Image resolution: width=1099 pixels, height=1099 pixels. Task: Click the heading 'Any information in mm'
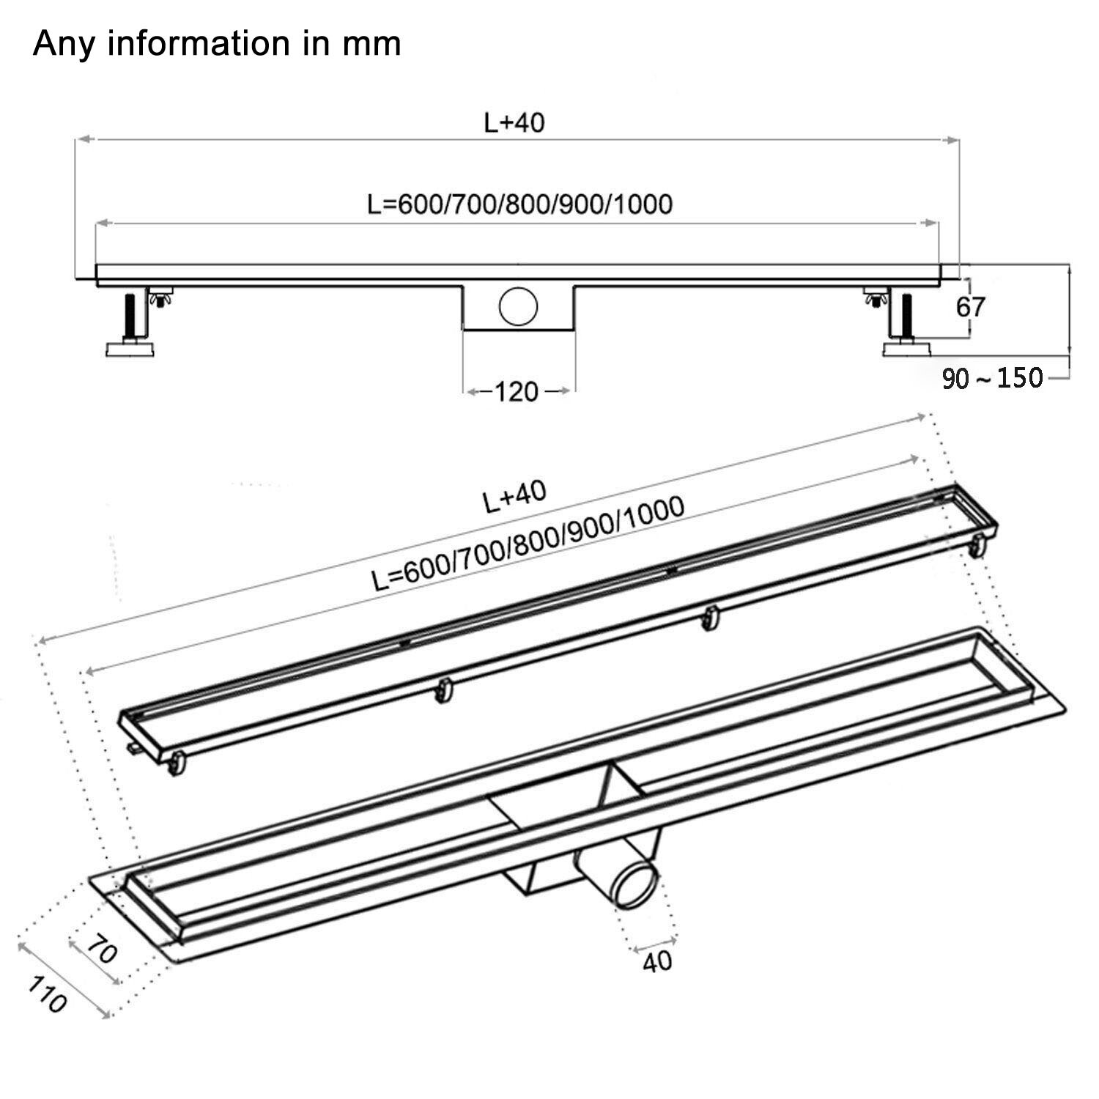[217, 44]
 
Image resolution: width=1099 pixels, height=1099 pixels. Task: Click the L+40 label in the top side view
[514, 122]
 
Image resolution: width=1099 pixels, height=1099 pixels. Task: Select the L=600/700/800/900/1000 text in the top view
[519, 204]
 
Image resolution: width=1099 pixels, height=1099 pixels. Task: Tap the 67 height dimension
[971, 307]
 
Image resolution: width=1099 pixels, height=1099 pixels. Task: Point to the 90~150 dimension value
[992, 378]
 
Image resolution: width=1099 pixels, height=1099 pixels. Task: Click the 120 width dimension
[517, 392]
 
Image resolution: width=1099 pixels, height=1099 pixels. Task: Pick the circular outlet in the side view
[518, 306]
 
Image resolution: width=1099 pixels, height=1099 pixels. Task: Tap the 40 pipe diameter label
[656, 961]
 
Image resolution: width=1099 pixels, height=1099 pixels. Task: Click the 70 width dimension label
[102, 952]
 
